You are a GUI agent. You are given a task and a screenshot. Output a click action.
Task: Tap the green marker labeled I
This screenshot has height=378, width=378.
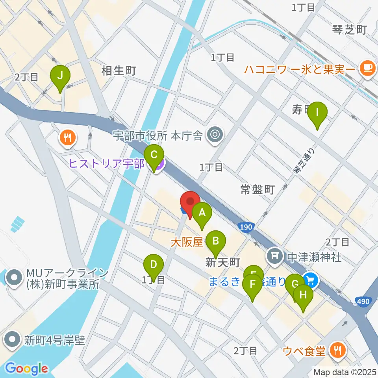tap(318, 112)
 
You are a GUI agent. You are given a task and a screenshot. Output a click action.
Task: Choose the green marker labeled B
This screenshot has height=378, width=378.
tap(215, 241)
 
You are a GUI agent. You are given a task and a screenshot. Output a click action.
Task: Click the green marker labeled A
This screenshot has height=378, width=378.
tap(202, 214)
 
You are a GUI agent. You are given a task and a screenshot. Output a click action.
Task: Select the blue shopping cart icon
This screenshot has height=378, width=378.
tap(311, 280)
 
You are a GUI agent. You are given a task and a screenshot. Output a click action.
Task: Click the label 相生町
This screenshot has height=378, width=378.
tap(119, 71)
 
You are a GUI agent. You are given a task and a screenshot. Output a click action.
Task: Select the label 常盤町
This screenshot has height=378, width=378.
tap(257, 190)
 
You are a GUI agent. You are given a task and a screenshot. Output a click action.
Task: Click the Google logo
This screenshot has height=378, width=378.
tap(26, 369)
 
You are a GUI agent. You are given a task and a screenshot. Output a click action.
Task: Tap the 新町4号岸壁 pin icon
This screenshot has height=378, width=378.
tap(13, 339)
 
